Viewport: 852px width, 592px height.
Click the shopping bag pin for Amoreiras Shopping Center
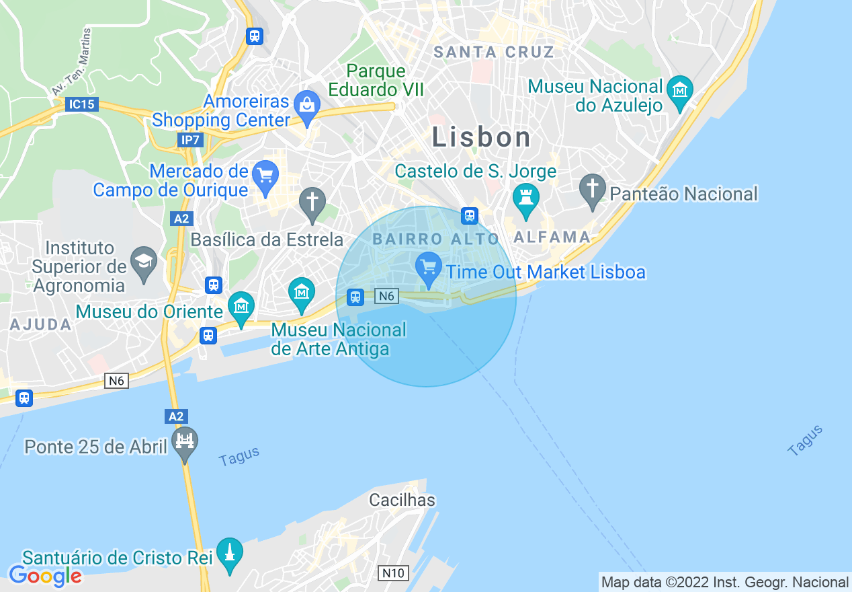[307, 106]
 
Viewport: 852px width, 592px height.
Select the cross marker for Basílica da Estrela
[312, 202]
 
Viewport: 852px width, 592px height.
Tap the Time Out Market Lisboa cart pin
[428, 268]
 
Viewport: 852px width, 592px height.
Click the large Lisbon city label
[481, 137]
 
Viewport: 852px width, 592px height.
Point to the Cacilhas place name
[402, 500]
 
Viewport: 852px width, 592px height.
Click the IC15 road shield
[83, 104]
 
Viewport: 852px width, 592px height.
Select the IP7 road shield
[190, 139]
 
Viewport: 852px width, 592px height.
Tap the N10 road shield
[392, 573]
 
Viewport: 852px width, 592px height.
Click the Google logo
[45, 576]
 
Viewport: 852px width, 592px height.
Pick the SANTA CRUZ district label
[494, 52]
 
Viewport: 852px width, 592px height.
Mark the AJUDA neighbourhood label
[41, 324]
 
